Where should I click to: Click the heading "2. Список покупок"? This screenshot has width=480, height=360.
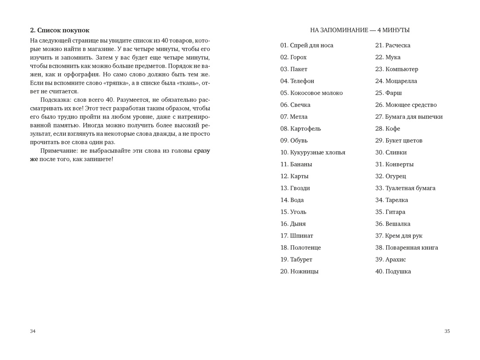pos(60,30)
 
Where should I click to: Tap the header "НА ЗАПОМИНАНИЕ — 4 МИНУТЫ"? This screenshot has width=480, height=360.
pos(360,30)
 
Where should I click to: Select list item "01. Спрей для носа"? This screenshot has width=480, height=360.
pos(307,45)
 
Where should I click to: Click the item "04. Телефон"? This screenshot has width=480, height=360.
pos(297,81)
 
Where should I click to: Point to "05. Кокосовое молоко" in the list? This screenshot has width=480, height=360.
pos(312,93)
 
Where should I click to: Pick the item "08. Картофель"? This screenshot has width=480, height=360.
pos(301,129)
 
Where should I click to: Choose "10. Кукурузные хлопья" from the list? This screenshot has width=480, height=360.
pos(312,152)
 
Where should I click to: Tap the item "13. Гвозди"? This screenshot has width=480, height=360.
pos(295,188)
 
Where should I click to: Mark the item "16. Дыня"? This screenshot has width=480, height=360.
pos(293,224)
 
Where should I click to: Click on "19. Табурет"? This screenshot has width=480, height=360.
pos(296,260)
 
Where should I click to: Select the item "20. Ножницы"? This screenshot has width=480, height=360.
pos(299,271)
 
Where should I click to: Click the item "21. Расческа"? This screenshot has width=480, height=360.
pos(393,45)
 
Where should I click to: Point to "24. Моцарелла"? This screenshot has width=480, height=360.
pos(396,81)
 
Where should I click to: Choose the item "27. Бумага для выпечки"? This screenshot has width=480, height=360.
pos(409,117)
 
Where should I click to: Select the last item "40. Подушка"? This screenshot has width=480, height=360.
pos(393,271)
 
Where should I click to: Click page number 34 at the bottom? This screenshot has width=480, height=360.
pos(33,331)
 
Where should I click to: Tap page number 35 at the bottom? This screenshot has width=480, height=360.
pos(447,331)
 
